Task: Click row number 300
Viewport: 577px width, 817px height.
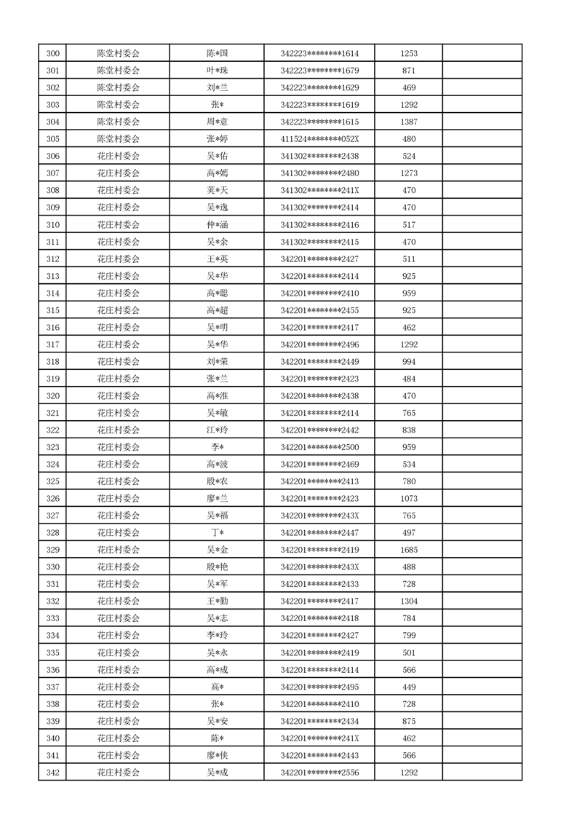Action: pos(52,53)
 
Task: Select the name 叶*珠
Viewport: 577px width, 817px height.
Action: pos(217,71)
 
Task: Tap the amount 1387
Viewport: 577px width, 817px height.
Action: pos(409,122)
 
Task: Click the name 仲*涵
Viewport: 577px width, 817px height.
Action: pos(217,224)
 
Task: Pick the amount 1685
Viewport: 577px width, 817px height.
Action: pos(409,550)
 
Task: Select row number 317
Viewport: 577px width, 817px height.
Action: pos(52,344)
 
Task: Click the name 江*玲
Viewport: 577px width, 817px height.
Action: pos(217,430)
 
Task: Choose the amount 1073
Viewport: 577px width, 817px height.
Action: pos(409,499)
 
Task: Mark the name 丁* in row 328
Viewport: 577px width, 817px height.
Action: pos(217,533)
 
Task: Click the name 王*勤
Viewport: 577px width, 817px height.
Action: pos(217,601)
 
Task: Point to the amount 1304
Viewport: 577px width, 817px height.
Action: pos(409,601)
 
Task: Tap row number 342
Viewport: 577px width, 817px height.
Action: pos(52,773)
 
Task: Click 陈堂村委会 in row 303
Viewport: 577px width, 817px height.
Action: pos(118,105)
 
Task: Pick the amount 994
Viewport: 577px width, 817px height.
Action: pos(409,362)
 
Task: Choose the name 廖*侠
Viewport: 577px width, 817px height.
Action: pos(217,755)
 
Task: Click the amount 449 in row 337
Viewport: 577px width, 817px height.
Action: pos(409,687)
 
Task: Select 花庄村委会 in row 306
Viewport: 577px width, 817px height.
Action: pos(118,156)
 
